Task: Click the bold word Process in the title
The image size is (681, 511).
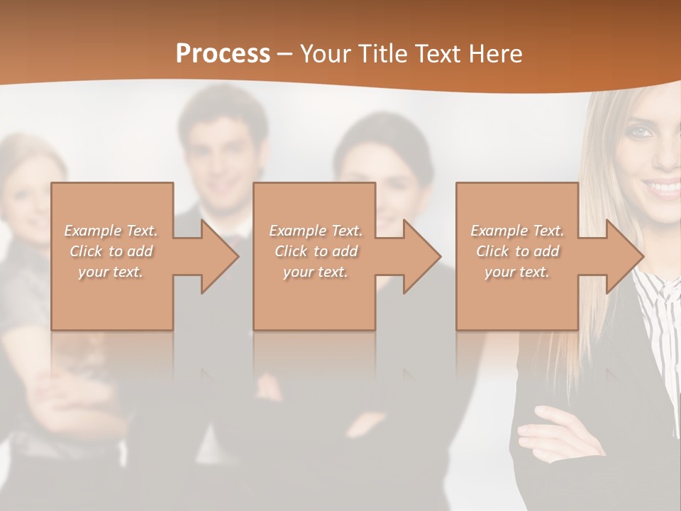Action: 223,54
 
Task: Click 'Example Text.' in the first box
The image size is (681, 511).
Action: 111,231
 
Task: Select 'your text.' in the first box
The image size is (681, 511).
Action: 111,272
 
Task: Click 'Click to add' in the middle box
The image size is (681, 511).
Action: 316,251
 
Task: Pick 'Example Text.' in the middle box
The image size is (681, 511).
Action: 316,231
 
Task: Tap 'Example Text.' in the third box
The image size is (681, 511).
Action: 517,231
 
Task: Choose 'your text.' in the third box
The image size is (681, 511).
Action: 517,272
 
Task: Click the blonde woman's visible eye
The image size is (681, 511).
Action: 641,132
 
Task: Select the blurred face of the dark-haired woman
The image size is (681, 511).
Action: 383,177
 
